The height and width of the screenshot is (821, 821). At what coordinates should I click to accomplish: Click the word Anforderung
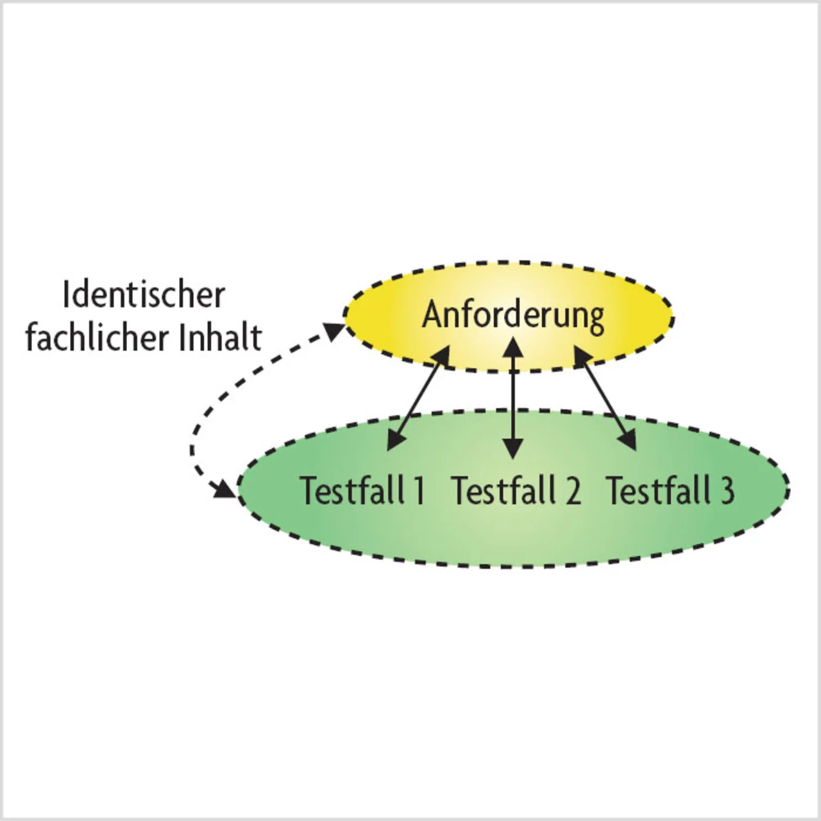coord(513,315)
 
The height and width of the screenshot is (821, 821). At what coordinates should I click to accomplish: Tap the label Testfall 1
coord(362,491)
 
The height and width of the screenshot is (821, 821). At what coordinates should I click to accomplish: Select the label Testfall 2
coord(516,491)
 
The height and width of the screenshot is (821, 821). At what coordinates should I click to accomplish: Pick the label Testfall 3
coord(670,491)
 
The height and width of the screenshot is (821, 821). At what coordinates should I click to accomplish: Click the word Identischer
coord(144,295)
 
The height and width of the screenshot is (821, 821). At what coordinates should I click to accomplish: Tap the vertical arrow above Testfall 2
coord(512,398)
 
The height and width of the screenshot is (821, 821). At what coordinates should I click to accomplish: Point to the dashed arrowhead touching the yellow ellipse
coord(335,331)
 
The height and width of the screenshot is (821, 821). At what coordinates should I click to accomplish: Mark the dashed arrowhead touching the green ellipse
coord(226,488)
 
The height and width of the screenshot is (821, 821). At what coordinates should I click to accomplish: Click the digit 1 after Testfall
coord(418,491)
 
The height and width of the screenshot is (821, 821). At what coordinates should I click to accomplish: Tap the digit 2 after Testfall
coord(571,491)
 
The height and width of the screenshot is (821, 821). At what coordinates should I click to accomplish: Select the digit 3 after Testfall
coord(727,491)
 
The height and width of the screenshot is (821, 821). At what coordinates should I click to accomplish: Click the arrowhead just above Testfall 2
coord(512,448)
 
